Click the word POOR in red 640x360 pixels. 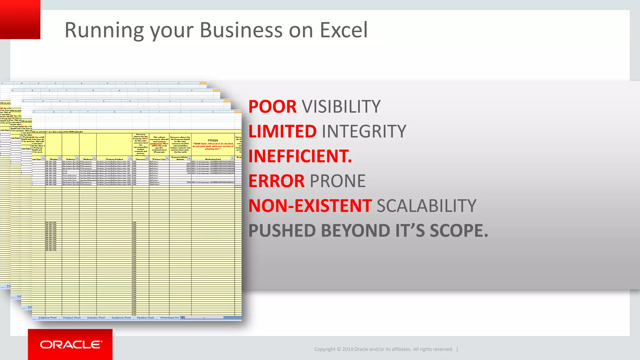point(272,107)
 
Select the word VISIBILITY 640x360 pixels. point(341,107)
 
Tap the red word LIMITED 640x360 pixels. point(282,131)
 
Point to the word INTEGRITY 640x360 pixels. point(364,131)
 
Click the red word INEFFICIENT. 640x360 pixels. point(300,156)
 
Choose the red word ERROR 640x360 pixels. point(276,181)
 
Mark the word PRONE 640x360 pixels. point(337,181)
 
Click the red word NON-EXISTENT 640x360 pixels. point(310,206)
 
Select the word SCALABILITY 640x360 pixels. point(426,206)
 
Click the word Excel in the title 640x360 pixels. point(344,30)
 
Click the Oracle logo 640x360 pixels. point(71,344)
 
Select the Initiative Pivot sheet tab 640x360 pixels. point(47,318)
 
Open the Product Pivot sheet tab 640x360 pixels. point(72,318)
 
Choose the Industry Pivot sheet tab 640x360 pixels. point(96,318)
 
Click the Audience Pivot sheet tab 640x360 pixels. point(121,318)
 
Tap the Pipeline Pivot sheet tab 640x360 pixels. point(145,318)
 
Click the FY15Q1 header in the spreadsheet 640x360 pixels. point(213,141)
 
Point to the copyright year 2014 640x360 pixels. point(347,349)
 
